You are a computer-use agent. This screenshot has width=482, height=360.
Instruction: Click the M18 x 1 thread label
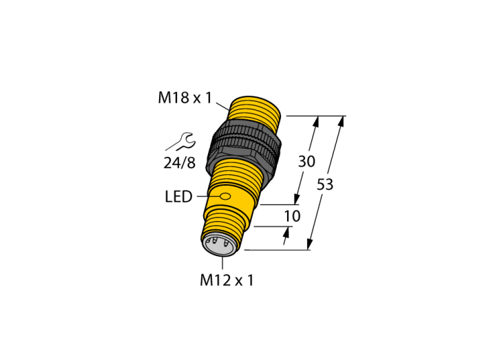(185, 98)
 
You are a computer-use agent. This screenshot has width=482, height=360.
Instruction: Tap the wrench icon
(180, 142)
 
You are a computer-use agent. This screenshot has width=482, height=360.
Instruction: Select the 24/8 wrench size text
(180, 162)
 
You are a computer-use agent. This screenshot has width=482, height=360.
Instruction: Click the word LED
(178, 197)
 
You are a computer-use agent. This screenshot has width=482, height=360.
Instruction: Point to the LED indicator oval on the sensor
(225, 196)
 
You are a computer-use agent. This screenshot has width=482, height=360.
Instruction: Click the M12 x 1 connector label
(227, 280)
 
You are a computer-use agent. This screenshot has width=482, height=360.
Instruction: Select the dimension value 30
(306, 161)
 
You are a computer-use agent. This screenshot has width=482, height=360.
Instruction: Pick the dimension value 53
(325, 184)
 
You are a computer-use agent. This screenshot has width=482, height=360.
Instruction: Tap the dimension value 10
(292, 216)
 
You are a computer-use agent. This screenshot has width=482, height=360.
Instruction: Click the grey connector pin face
(219, 245)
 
